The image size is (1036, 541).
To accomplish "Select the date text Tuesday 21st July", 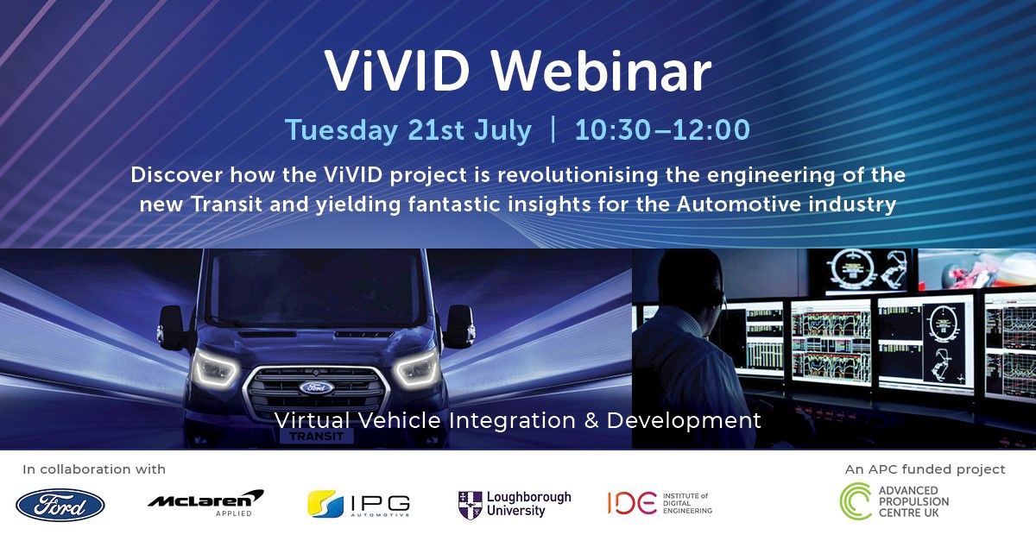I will click(x=408, y=129).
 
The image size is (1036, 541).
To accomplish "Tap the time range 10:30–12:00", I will click(x=661, y=129).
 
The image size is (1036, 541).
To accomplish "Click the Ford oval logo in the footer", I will click(x=60, y=505).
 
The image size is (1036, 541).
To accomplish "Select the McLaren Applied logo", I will click(x=205, y=502).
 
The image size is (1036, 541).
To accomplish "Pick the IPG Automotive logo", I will click(x=358, y=504).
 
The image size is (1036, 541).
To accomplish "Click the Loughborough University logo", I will click(x=515, y=505).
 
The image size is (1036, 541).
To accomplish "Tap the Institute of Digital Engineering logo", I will click(x=660, y=503).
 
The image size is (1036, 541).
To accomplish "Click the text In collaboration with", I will click(x=94, y=470).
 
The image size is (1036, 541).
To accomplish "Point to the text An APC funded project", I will click(x=925, y=470).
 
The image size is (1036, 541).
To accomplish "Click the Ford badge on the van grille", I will click(x=317, y=387).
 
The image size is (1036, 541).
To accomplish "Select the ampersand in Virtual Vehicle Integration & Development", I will click(x=590, y=421).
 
